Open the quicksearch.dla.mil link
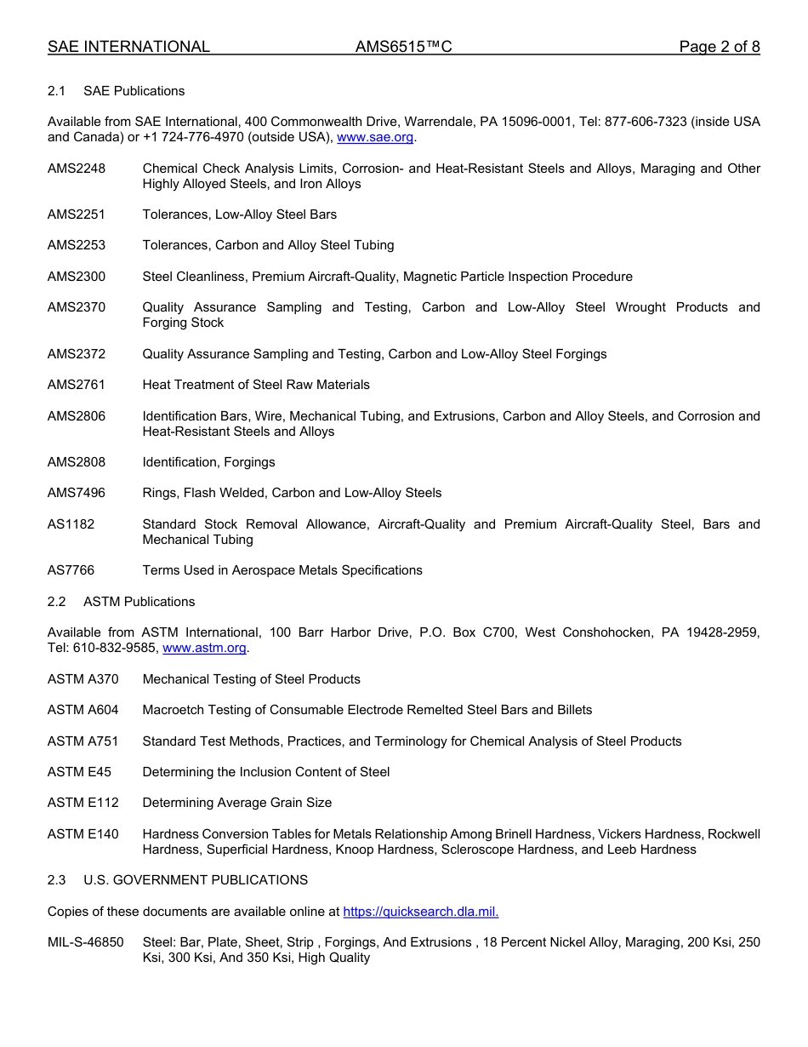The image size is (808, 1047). [420, 912]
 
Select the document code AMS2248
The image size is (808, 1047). [77, 169]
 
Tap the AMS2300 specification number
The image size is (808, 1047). [77, 276]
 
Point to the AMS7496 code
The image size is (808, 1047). [77, 493]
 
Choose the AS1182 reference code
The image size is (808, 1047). [71, 524]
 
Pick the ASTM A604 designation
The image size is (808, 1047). [83, 710]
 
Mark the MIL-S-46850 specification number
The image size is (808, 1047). [85, 942]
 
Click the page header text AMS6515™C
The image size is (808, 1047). [403, 47]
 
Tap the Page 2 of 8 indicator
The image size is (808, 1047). [719, 47]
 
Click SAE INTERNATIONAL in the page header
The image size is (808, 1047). [128, 47]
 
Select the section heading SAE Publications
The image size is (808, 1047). [134, 91]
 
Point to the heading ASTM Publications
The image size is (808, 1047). [139, 602]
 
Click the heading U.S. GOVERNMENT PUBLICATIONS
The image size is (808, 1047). [196, 880]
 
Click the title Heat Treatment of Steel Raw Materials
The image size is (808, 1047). [256, 385]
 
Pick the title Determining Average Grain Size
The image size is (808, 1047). [236, 803]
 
